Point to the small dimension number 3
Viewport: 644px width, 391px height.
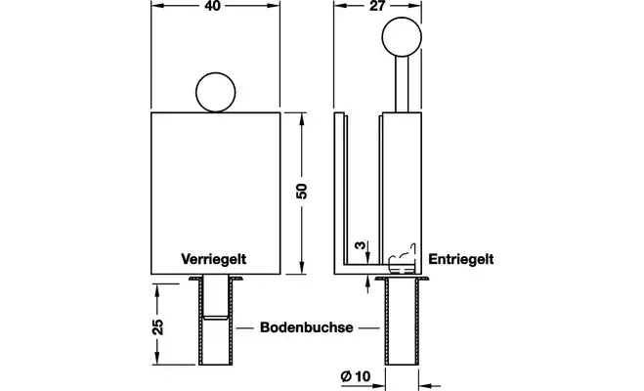point(360,246)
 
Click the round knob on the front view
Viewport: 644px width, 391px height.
point(216,94)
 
